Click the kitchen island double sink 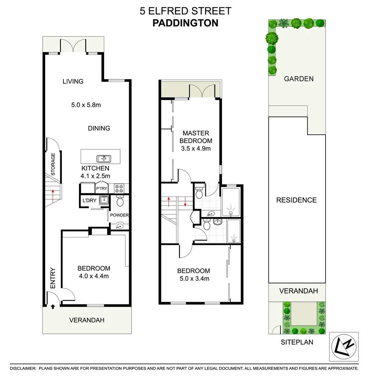103,158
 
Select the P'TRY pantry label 101,189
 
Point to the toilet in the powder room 120,201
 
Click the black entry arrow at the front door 53,307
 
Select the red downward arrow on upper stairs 185,202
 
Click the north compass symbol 344,346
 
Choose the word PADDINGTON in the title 185,23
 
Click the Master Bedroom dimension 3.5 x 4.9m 196,149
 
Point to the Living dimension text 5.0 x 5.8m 86,105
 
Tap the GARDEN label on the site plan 299,79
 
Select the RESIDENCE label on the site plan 296,200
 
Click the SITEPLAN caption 297,342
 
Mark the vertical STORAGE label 53,164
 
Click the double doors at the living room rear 73,46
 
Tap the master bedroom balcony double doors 202,91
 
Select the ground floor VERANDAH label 87,320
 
